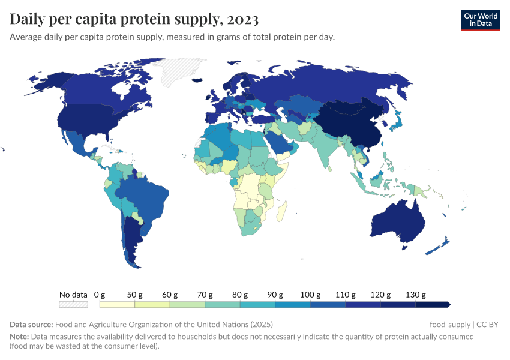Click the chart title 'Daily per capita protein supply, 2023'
pos(134,19)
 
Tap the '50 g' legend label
pos(134,295)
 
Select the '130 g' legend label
pos(416,295)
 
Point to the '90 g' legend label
pos(275,295)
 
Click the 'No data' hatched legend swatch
pos(74,304)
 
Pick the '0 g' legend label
pos(100,295)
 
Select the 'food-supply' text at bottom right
pos(450,325)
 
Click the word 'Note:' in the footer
pos(19,337)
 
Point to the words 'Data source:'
pos(31,325)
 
